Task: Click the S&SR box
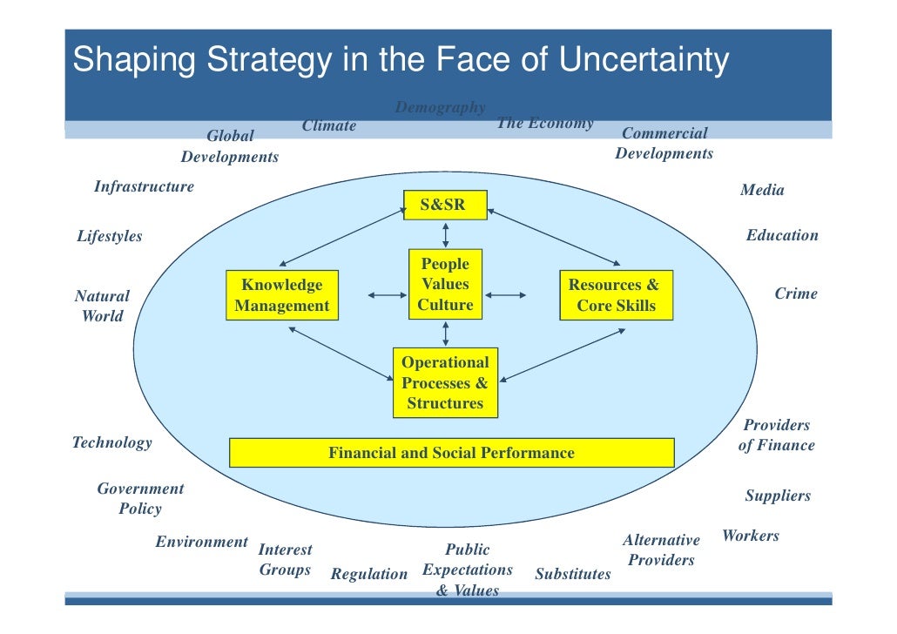[x=444, y=206]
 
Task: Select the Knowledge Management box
[x=281, y=295]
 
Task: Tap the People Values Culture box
[x=445, y=284]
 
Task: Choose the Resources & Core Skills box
[x=615, y=295]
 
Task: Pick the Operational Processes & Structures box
[x=445, y=382]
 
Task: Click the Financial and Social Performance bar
[x=451, y=453]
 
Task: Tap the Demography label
[x=440, y=108]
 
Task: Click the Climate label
[x=329, y=125]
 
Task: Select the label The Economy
[x=544, y=123]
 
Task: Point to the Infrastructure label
[x=144, y=186]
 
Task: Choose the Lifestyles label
[x=109, y=236]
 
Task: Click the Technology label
[x=111, y=442]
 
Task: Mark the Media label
[x=762, y=190]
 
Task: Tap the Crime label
[x=796, y=293]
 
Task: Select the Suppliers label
[x=778, y=496]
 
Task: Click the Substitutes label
[x=573, y=574]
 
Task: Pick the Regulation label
[x=369, y=574]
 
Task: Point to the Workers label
[x=751, y=536]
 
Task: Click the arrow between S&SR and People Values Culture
[x=446, y=234]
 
